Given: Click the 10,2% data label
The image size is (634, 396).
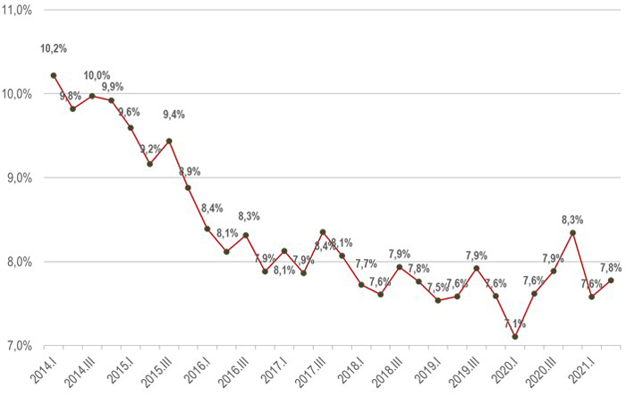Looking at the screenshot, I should click(54, 48).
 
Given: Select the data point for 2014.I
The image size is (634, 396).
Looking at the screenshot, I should click(54, 75).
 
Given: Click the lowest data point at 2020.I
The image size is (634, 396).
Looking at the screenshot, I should click(515, 337).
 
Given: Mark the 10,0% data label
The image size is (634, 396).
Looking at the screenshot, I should click(97, 76).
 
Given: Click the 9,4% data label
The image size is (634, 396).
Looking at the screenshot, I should click(174, 115).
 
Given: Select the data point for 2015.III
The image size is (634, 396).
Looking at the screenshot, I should click(169, 141).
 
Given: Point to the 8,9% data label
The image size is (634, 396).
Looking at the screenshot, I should click(190, 172).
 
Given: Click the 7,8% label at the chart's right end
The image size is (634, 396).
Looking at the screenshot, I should click(611, 267).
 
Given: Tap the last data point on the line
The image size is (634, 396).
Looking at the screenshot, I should click(611, 280).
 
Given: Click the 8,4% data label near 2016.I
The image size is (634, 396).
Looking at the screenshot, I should click(212, 209).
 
